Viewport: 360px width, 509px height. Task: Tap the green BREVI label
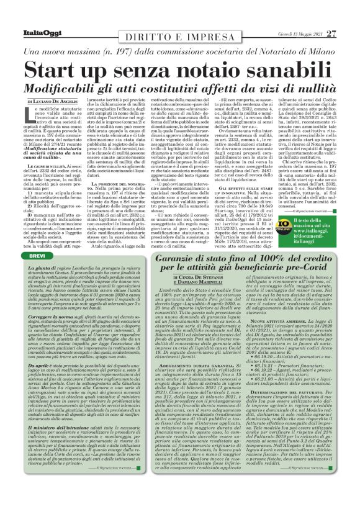pyautogui.click(x=37, y=238)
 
